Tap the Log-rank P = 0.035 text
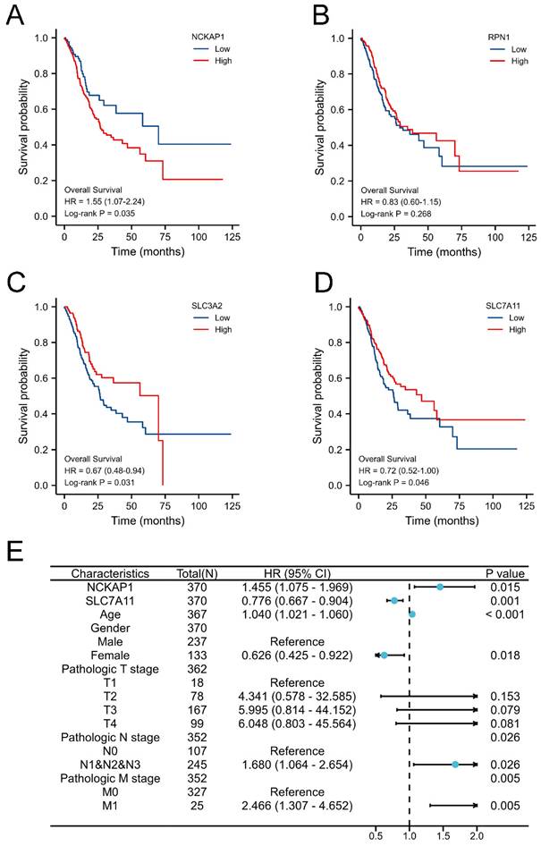(102, 215)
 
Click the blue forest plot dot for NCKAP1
(440, 587)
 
